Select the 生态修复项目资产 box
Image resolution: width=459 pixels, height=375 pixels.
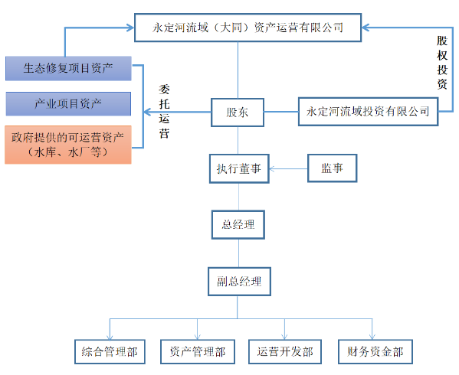pos(68,68)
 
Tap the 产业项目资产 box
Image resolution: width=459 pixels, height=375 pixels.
pos(68,103)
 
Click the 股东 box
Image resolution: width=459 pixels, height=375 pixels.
pos(237,112)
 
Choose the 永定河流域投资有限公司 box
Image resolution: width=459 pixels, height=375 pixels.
pos(368,112)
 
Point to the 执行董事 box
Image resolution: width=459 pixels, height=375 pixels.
pos(238,168)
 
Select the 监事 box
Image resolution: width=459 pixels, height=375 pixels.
pos(333,168)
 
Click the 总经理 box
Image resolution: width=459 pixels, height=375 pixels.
pos(238,225)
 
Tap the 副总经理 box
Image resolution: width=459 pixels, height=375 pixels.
pos(238,280)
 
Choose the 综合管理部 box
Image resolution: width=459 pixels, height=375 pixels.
pos(110,351)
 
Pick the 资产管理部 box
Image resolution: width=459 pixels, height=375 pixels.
pos(197,351)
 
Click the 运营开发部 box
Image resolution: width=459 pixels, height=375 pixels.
pos(285,351)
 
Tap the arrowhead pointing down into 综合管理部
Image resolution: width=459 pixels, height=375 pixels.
pos(110,334)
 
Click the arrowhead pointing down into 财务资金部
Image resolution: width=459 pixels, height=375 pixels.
pos(372,334)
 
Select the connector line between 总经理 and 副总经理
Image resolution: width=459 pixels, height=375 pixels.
pos(238,252)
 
